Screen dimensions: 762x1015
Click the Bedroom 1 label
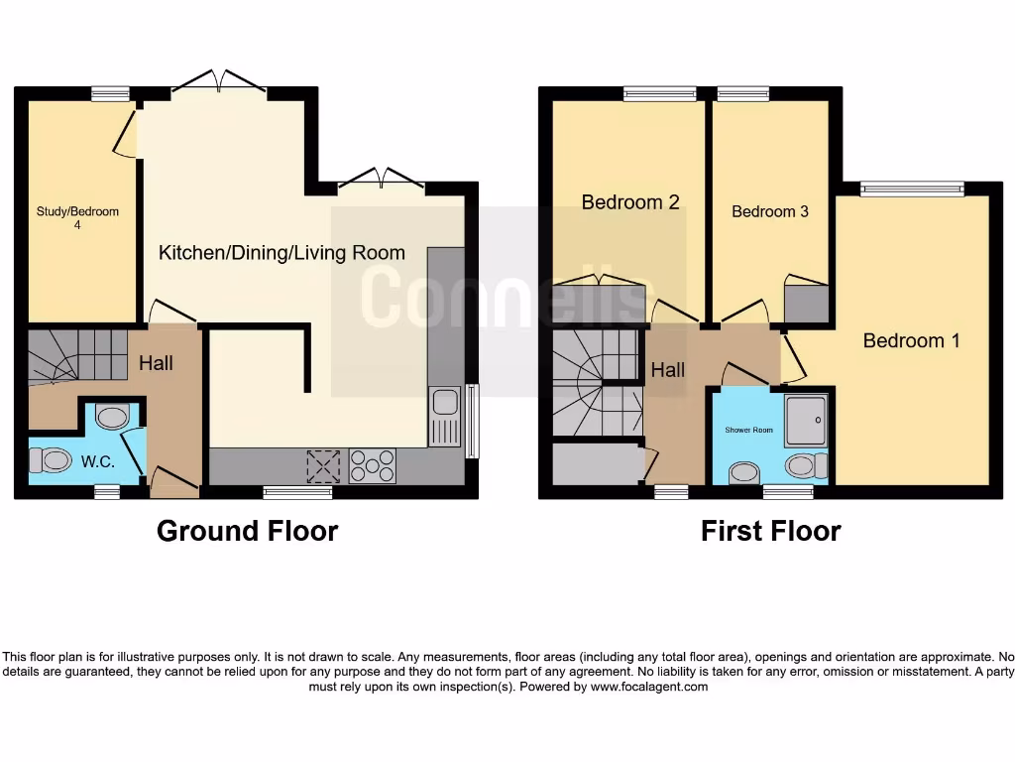[911, 340]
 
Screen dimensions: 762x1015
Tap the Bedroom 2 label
[629, 202]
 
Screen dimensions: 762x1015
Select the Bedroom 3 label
[770, 211]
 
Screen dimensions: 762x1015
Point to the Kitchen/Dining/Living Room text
[282, 253]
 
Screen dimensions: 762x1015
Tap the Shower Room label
[748, 430]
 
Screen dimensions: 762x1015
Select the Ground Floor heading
[247, 532]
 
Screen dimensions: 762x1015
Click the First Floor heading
[770, 532]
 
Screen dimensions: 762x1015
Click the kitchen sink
[445, 402]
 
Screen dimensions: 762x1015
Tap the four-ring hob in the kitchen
[373, 465]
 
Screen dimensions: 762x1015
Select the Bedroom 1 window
[912, 189]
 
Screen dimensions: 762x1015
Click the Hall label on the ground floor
[156, 363]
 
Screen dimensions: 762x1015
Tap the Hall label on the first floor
[667, 370]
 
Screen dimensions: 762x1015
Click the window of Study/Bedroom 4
[110, 94]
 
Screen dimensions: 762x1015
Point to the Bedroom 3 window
[742, 94]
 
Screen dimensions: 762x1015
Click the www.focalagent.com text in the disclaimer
[649, 687]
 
